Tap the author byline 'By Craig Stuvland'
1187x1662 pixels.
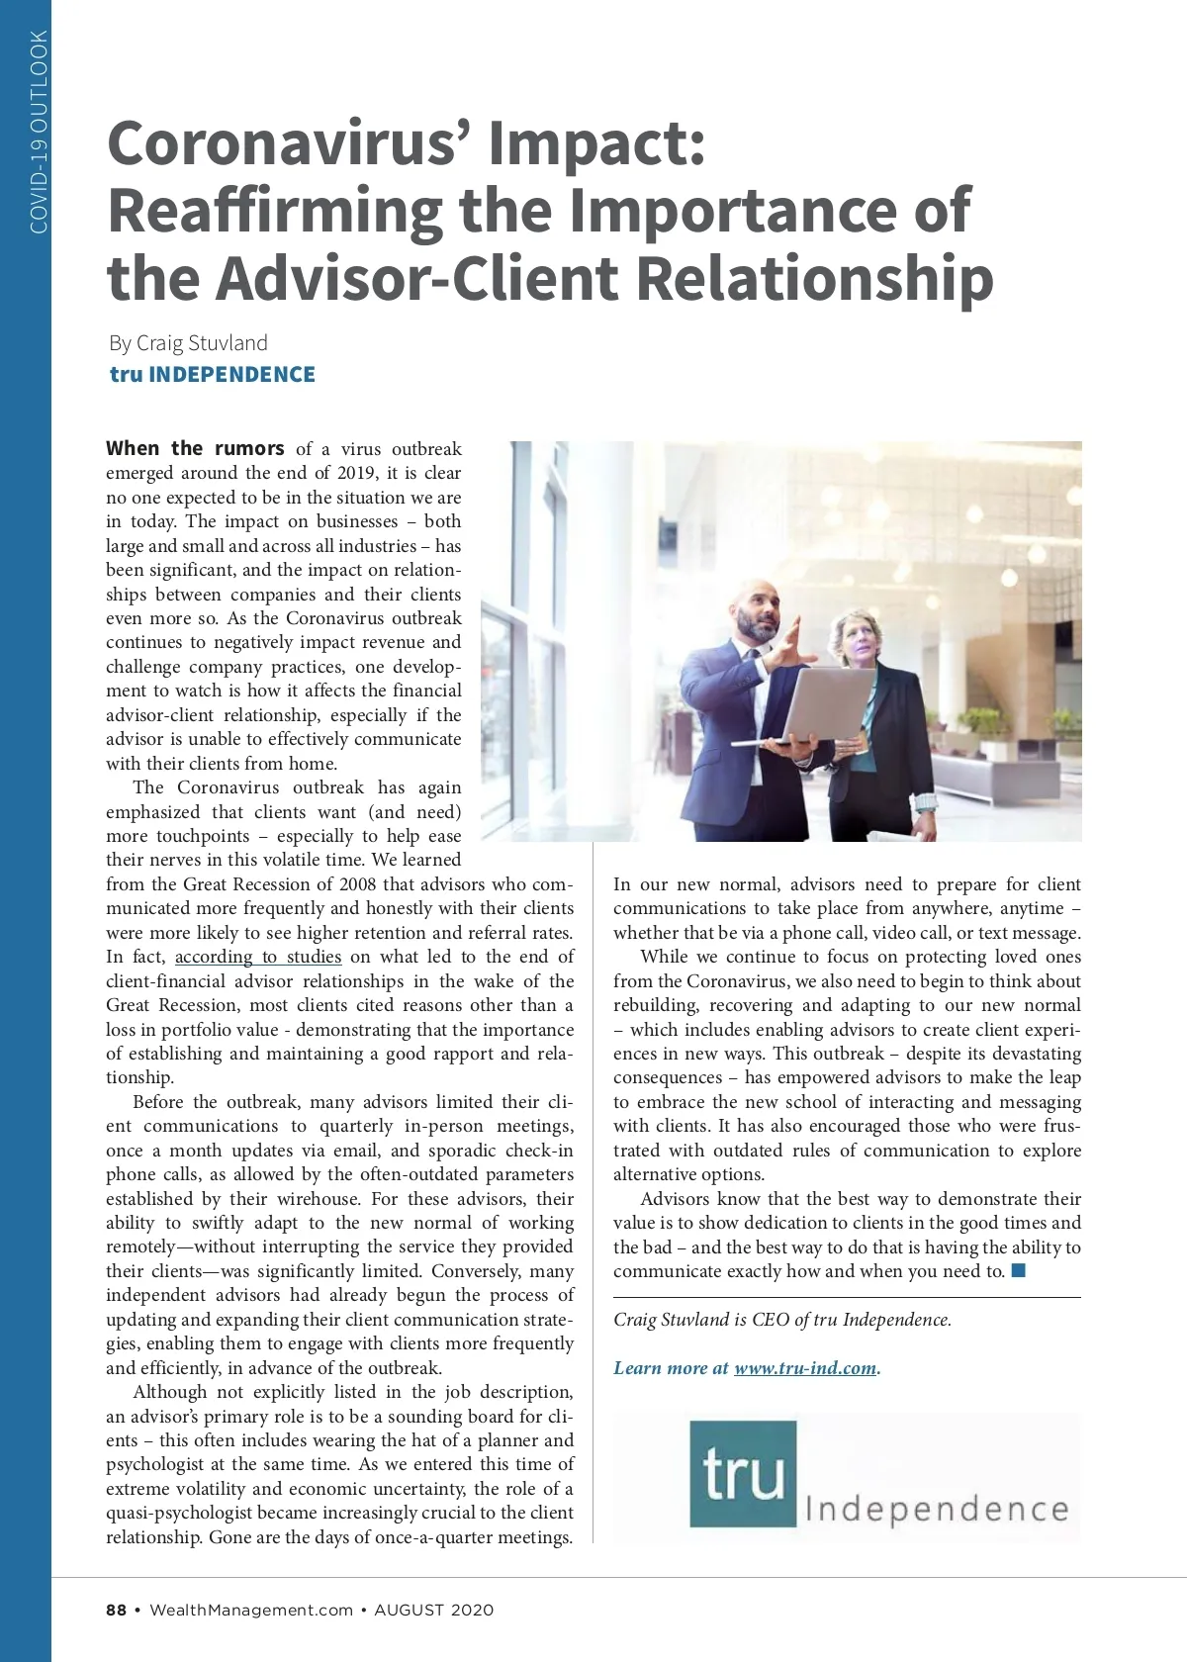[x=188, y=343]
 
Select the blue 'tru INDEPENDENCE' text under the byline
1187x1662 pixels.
[x=213, y=375]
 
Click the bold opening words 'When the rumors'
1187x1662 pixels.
[x=195, y=448]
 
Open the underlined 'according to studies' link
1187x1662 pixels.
[x=258, y=957]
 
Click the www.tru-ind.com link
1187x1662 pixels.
[x=805, y=1368]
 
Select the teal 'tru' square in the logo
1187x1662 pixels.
[x=742, y=1473]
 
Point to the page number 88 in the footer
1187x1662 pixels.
[x=117, y=1610]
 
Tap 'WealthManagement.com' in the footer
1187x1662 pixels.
[x=251, y=1610]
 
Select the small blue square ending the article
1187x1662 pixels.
[x=1019, y=1270]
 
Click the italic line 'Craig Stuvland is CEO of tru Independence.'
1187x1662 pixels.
[x=781, y=1320]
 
